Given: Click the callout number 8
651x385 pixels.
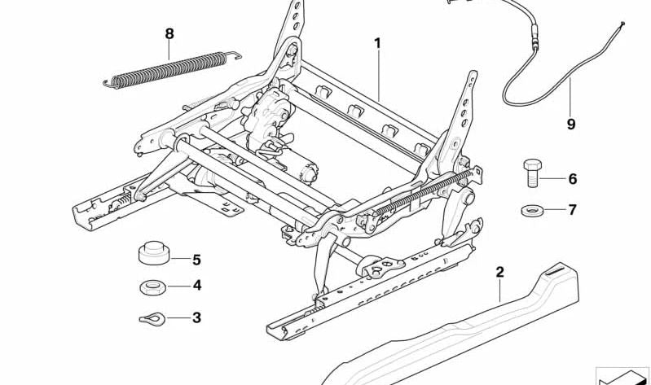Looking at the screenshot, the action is point(169,34).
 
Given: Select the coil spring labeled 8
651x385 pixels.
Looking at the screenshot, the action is point(172,69).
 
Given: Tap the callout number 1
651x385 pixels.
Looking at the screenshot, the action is point(377,43).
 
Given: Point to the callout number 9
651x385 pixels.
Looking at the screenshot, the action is point(571,124).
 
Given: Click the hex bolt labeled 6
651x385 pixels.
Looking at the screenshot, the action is point(532,173).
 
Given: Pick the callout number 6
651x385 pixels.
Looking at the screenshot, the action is point(573,179).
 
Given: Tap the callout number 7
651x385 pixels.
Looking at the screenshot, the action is point(573,210).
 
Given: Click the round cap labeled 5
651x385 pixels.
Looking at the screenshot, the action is point(154,252).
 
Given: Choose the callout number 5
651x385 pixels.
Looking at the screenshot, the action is point(196,260).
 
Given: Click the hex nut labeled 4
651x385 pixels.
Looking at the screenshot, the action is point(153,287).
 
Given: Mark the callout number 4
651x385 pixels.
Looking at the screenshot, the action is point(197,286).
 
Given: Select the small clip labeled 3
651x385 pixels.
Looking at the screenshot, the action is point(152,318).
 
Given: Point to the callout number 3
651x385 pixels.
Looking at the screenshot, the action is point(196,317).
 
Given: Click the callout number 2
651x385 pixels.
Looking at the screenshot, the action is point(500,272).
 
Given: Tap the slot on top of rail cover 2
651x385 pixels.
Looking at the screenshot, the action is point(555,272).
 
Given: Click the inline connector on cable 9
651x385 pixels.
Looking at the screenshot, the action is point(534,37).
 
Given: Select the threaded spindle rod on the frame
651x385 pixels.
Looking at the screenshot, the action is point(423,192).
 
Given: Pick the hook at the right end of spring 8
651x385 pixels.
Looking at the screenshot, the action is point(233,55).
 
